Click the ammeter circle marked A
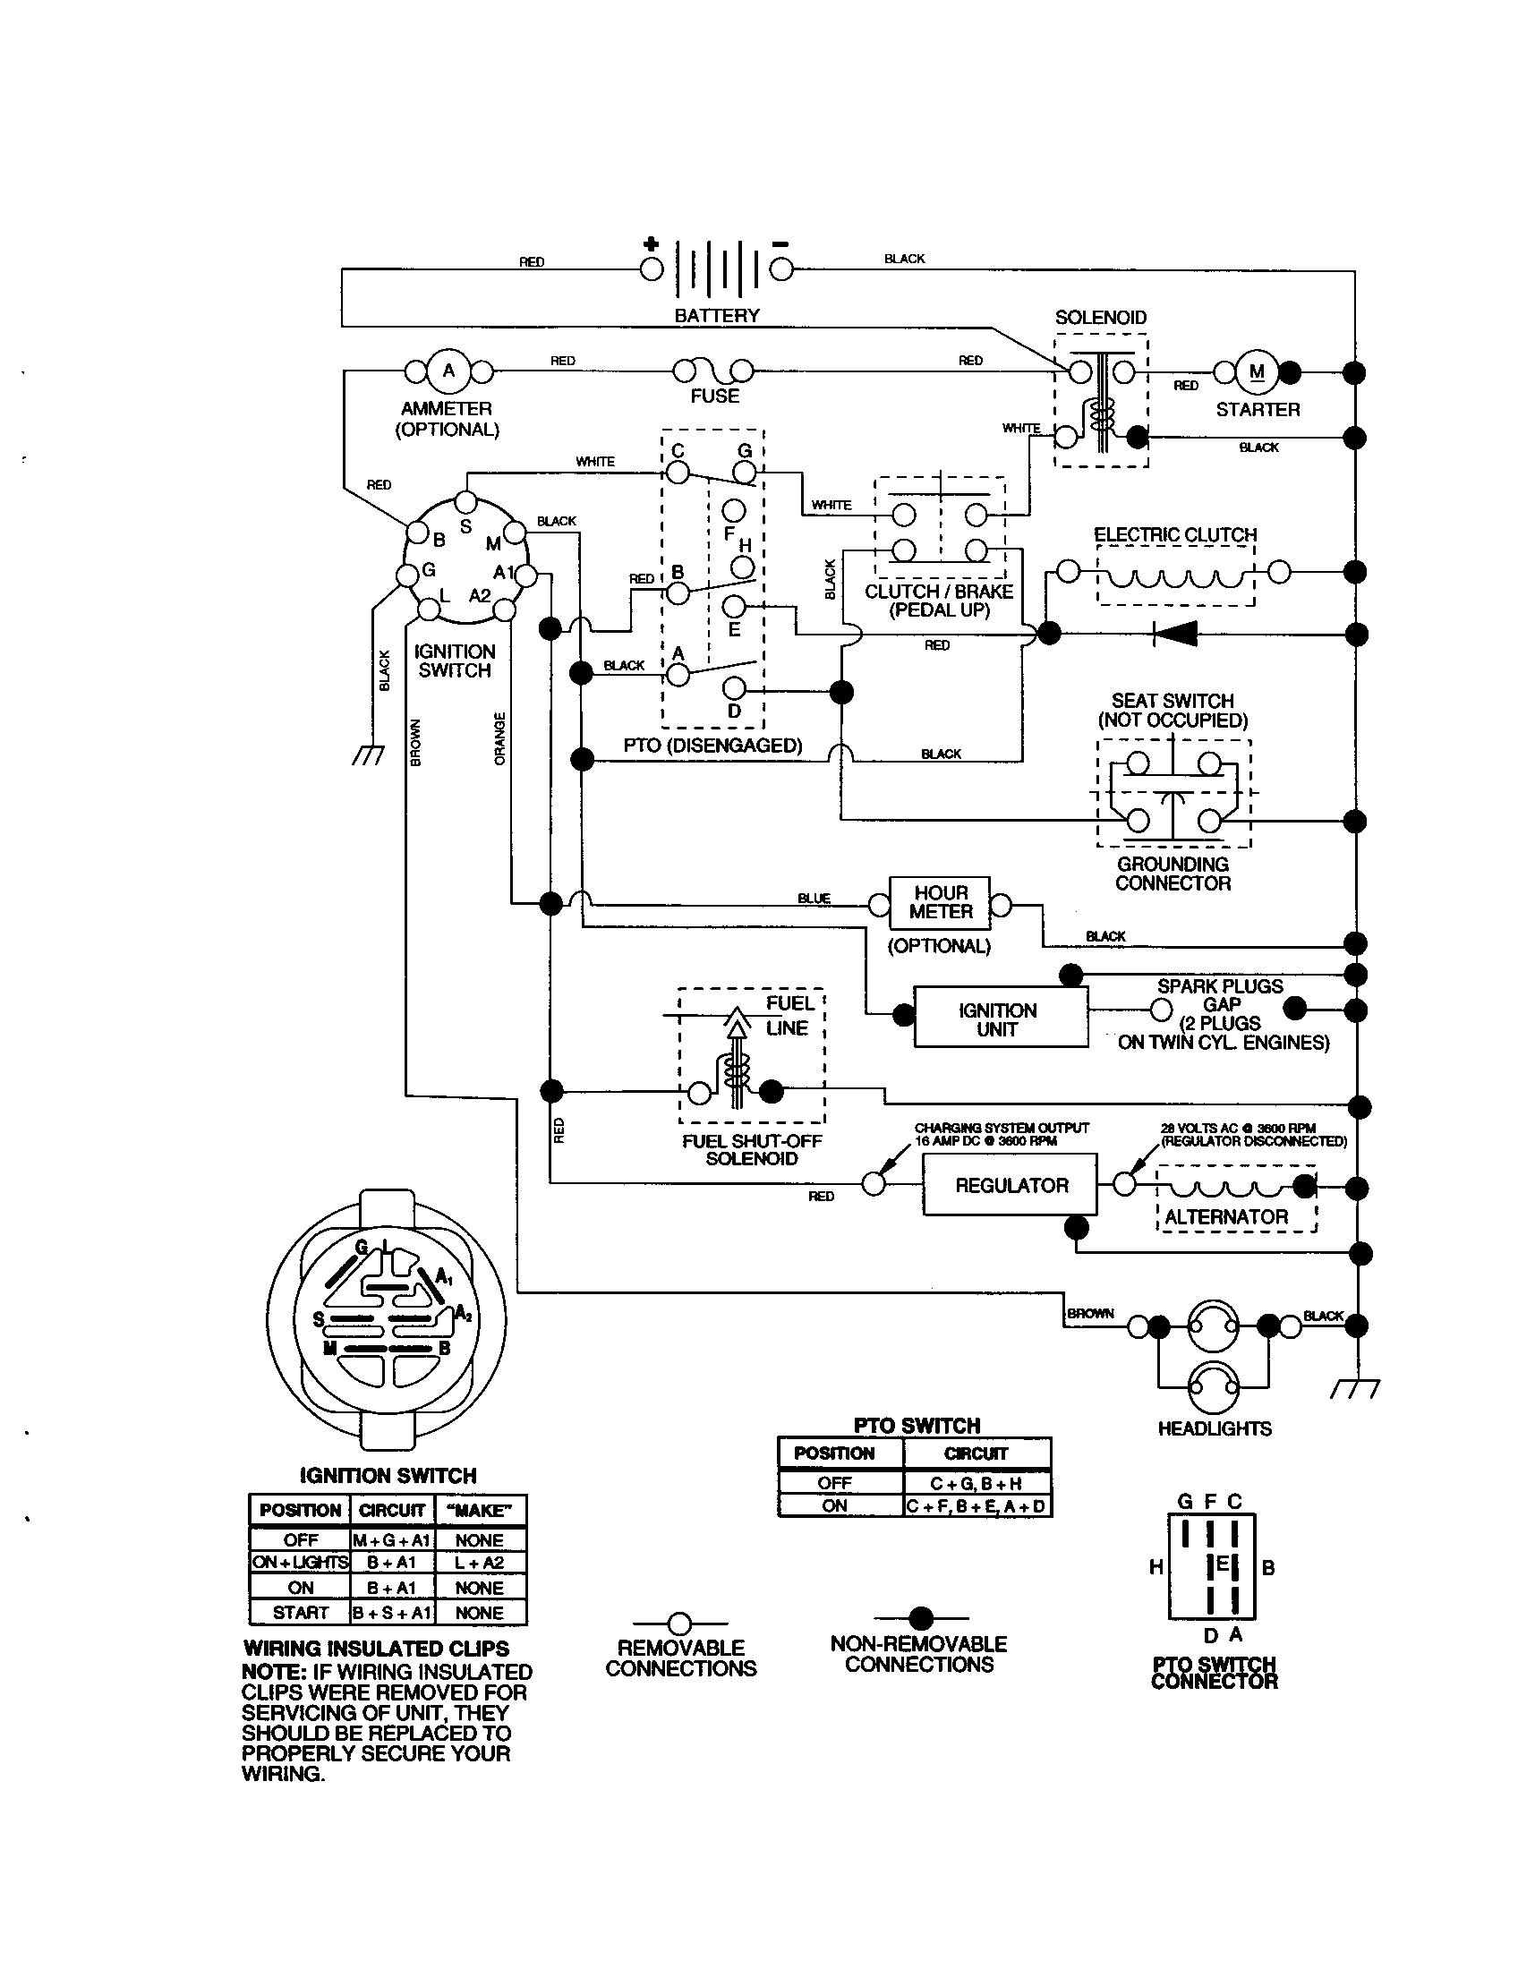tap(448, 371)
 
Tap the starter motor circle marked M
tap(1257, 371)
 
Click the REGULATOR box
tap(1010, 1186)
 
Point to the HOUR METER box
tap(940, 902)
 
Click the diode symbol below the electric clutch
tap(1175, 634)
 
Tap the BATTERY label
tap(717, 316)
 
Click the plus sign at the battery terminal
tap(651, 244)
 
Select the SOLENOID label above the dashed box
tap(1101, 318)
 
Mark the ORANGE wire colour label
tap(500, 738)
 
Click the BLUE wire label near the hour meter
tap(813, 898)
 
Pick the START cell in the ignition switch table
tap(300, 1613)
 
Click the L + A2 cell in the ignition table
tap(480, 1564)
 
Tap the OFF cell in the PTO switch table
tap(835, 1483)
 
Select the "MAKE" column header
tap(480, 1510)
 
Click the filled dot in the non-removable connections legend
tap(920, 1618)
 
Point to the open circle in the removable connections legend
tap(679, 1624)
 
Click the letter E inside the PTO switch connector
tap(1223, 1564)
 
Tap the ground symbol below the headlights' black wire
tap(1355, 1390)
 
